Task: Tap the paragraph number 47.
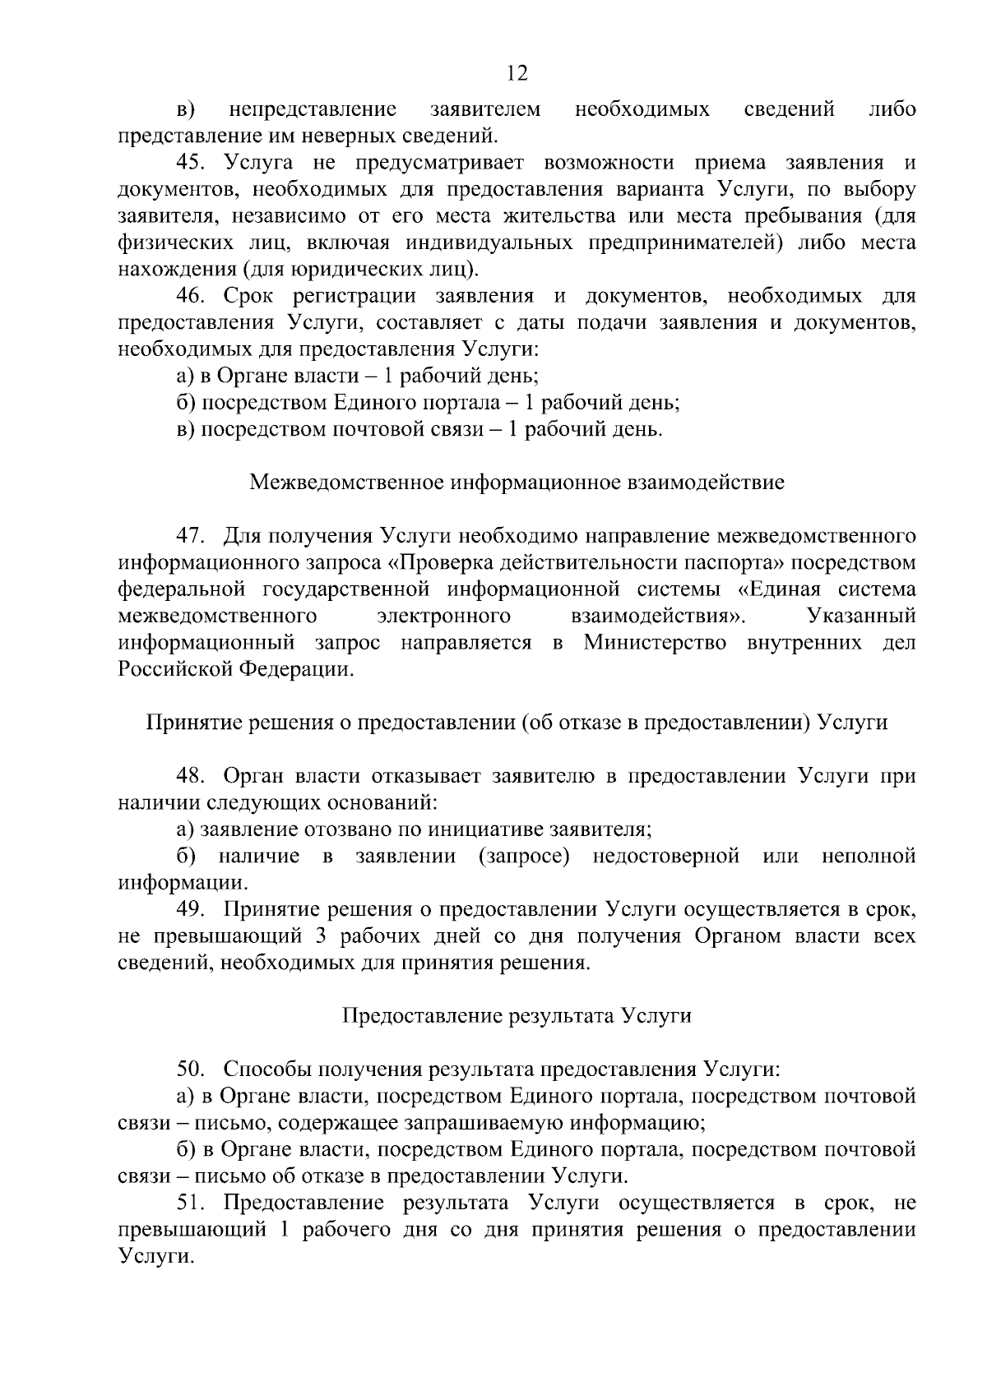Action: (194, 536)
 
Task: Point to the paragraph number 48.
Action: (194, 776)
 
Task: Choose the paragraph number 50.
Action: (194, 1069)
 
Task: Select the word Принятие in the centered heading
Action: (191, 723)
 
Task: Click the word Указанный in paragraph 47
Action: (861, 616)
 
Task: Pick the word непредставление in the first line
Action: (313, 109)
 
